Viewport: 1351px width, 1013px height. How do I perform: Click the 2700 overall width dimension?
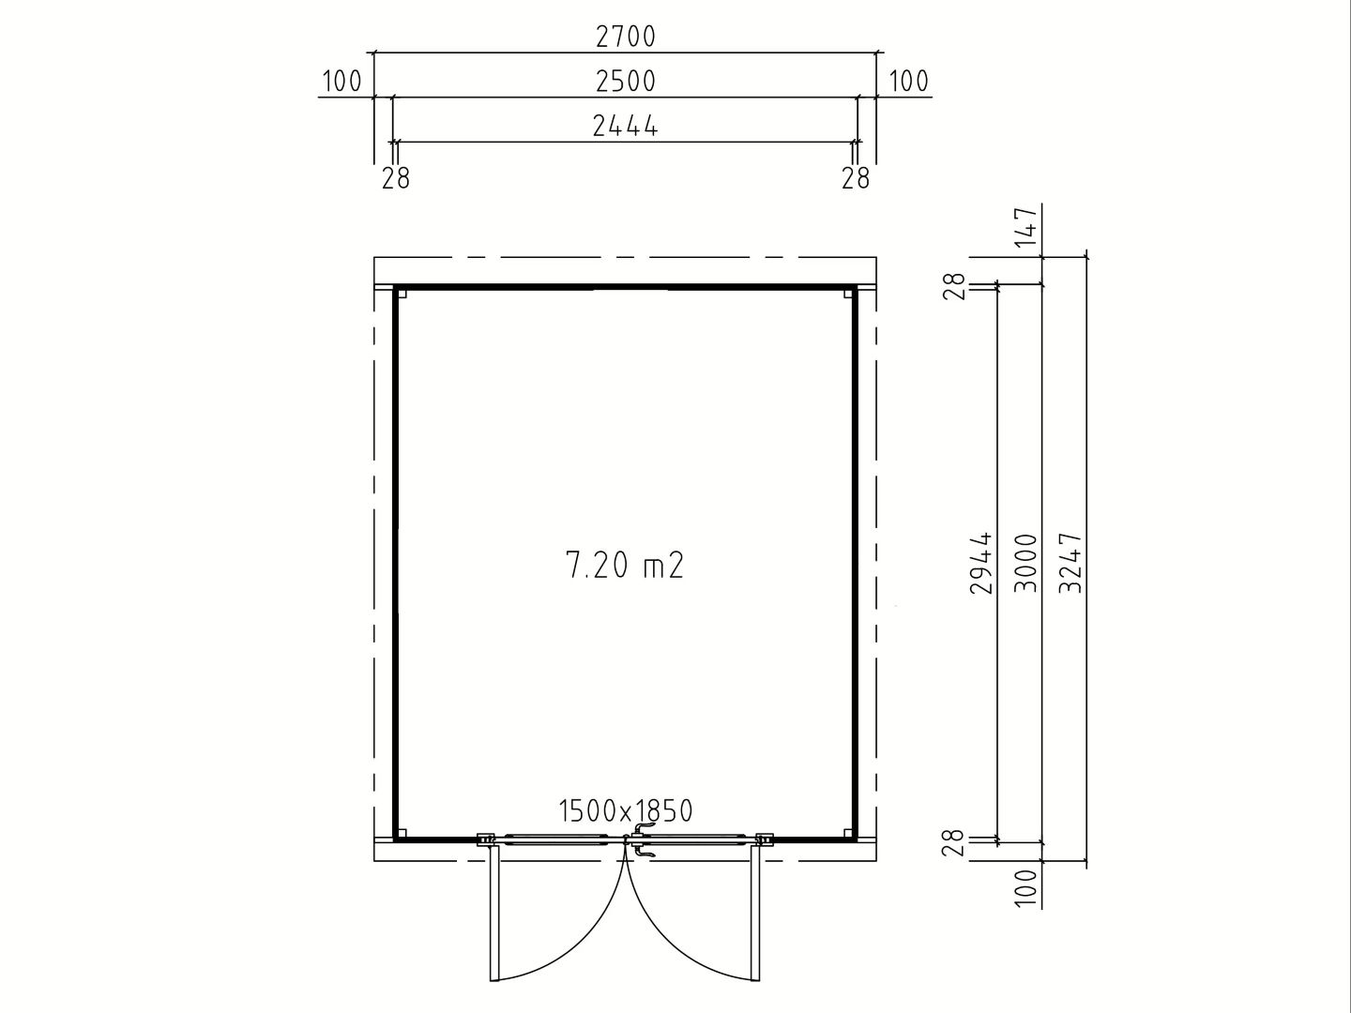[x=626, y=37]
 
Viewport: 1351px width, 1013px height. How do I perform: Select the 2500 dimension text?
[x=626, y=82]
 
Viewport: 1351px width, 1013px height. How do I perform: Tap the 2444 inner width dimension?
[x=626, y=126]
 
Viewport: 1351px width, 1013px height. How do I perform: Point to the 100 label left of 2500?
[x=342, y=82]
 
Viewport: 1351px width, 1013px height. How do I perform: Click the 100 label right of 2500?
[x=908, y=82]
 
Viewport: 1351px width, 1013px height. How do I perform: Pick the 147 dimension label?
[x=1026, y=228]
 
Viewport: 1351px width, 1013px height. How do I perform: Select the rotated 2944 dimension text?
[x=981, y=563]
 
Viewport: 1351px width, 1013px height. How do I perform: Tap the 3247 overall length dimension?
[x=1070, y=563]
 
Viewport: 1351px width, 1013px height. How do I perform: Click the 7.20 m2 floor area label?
[x=624, y=566]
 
